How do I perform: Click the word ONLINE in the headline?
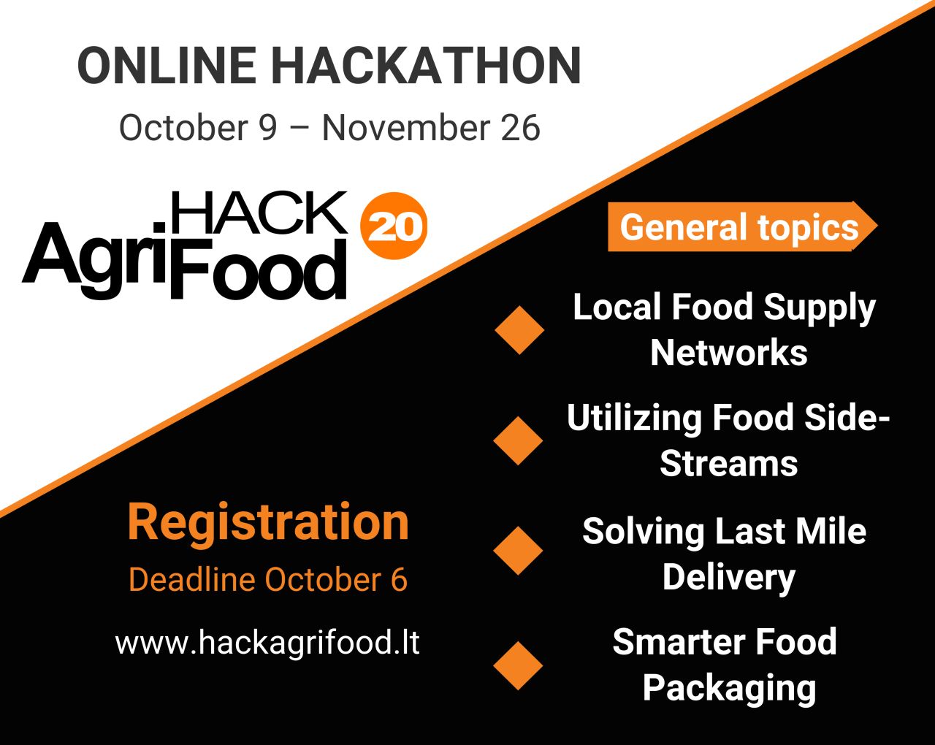[x=167, y=65]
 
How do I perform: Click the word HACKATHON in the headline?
[x=427, y=65]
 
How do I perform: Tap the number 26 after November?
[x=520, y=128]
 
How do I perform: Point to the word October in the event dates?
[x=183, y=128]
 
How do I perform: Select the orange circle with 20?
[x=394, y=226]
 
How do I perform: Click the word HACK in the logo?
[x=259, y=213]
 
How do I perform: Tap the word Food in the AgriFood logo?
[x=259, y=270]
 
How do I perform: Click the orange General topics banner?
[x=743, y=226]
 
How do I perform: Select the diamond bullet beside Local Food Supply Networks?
[x=519, y=329]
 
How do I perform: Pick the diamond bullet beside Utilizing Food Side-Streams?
[x=518, y=440]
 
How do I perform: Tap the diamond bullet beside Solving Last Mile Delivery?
[x=518, y=551]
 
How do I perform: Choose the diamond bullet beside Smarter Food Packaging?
[x=518, y=665]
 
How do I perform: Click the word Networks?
[x=729, y=353]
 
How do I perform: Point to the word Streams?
[x=728, y=463]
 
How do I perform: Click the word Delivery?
[x=728, y=578]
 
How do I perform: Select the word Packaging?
[x=730, y=689]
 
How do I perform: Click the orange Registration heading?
[x=268, y=524]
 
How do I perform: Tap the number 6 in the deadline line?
[x=399, y=579]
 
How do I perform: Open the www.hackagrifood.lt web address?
[x=267, y=643]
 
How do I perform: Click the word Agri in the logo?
[x=94, y=260]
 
